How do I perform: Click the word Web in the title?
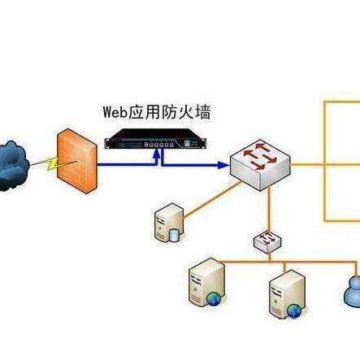tap(115, 112)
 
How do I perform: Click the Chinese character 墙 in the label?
tap(202, 112)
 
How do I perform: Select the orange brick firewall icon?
tap(77, 161)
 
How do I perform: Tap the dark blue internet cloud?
tap(13, 166)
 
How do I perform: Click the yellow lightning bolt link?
tap(53, 164)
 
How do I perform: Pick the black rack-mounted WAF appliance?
tap(156, 139)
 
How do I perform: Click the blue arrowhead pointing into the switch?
tap(223, 165)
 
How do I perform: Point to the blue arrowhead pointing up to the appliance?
tap(156, 154)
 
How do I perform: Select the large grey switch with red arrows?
tap(260, 165)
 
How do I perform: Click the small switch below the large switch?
tap(268, 241)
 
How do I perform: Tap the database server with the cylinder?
tap(169, 223)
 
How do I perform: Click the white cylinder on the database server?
tap(174, 235)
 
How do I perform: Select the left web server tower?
tap(206, 282)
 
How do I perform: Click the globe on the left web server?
tap(215, 298)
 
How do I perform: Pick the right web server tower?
tap(287, 294)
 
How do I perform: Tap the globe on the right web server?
tap(294, 311)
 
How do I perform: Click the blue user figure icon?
tap(353, 291)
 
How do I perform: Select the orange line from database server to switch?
tap(214, 199)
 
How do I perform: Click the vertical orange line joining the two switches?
tap(269, 209)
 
